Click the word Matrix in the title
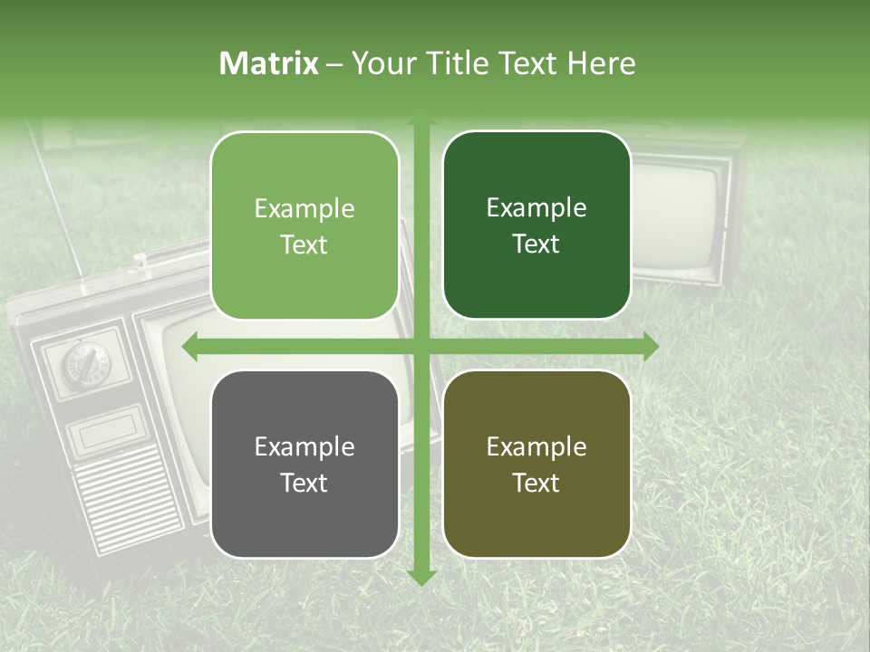(x=269, y=63)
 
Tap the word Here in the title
(x=601, y=63)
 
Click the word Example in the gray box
(x=304, y=447)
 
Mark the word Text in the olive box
(x=536, y=484)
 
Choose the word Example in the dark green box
(x=536, y=208)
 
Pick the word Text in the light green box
(x=304, y=245)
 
